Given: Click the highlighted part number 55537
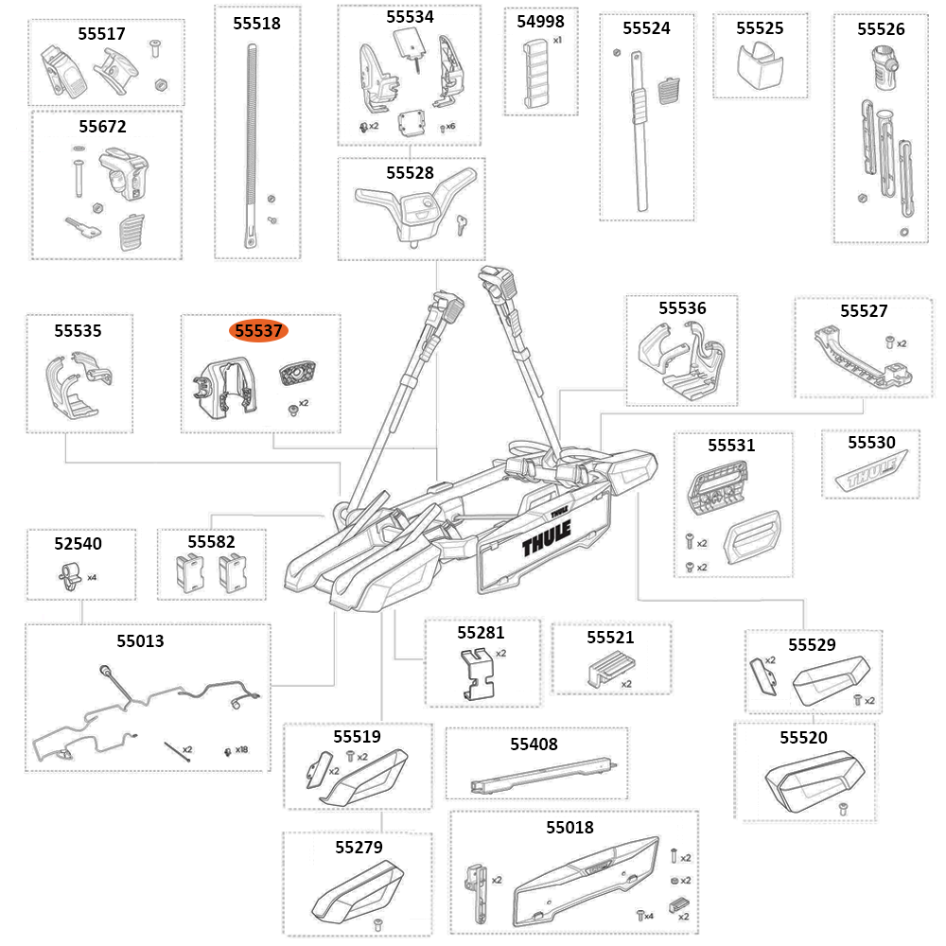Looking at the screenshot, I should pos(258,331).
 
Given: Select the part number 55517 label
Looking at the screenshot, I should pos(101,33).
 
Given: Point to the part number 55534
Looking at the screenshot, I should pos(410,17).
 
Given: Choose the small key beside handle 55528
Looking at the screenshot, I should pos(461,223).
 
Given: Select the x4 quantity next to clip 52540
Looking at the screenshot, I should pos(92,576).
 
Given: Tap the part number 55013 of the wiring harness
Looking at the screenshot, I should pos(140,641).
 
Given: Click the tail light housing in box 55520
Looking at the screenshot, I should pos(804,780).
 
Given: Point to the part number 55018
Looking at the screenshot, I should pos(569,828).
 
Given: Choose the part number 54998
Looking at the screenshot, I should pos(540,22).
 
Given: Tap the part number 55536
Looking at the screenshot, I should pos(682,308).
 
